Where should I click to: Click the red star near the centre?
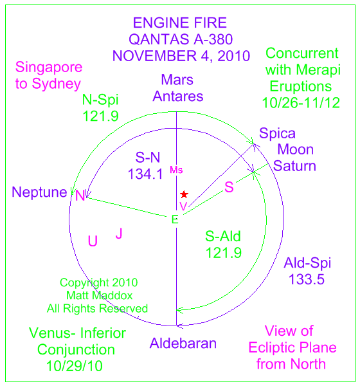[184, 194]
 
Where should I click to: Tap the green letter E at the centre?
[175, 219]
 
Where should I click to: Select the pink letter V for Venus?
[183, 207]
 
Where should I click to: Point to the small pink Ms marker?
[176, 170]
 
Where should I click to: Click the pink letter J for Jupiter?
[119, 233]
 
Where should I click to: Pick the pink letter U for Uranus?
[93, 241]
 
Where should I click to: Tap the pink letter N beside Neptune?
[80, 196]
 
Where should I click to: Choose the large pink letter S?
[229, 187]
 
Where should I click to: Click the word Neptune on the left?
[39, 192]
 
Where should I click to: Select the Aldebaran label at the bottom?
[183, 343]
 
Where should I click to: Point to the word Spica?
[277, 134]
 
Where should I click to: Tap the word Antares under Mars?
[178, 96]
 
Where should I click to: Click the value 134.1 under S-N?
[145, 174]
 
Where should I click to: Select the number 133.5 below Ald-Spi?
[307, 279]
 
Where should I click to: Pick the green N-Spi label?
[100, 100]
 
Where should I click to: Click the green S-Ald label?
[223, 236]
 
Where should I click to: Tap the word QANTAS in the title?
[159, 40]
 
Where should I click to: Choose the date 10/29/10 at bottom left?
[75, 366]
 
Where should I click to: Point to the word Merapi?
[318, 70]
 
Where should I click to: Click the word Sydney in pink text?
[57, 84]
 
